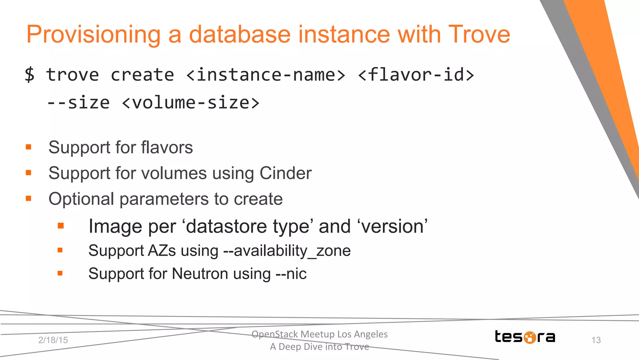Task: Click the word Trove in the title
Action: (479, 34)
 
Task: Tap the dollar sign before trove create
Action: (30, 75)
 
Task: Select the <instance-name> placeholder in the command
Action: (266, 75)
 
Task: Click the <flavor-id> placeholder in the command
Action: (416, 75)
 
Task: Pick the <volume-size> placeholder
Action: (191, 103)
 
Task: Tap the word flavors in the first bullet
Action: (167, 147)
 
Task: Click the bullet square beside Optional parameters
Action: (29, 198)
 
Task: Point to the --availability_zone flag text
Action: (287, 251)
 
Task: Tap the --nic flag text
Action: (291, 274)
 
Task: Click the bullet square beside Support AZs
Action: (60, 250)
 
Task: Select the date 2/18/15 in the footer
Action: (53, 340)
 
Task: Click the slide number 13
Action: (596, 340)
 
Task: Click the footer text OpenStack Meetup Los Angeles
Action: (319, 334)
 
